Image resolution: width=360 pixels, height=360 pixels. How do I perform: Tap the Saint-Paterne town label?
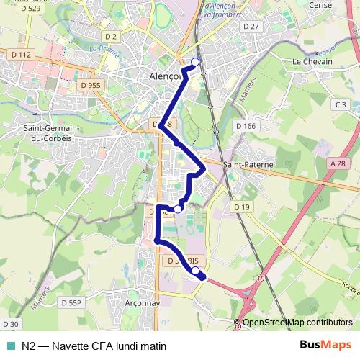(x=249, y=165)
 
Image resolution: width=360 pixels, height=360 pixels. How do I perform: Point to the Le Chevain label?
(x=312, y=62)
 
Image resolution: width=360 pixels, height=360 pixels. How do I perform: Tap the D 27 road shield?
(x=251, y=27)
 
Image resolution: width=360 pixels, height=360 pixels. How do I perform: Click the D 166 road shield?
(x=246, y=126)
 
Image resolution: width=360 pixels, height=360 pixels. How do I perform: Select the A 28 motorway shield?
(x=338, y=163)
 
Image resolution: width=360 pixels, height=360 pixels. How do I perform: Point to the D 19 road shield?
(x=241, y=207)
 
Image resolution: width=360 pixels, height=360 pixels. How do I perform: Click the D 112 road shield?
(x=22, y=55)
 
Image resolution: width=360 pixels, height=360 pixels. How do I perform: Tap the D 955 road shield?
(x=91, y=85)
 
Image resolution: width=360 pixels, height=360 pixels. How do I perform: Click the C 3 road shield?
(x=341, y=105)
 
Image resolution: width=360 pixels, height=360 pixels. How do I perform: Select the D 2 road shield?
(x=110, y=36)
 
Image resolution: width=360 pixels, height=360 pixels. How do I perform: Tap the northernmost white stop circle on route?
(x=195, y=62)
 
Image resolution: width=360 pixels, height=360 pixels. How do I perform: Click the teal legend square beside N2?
(x=9, y=346)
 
